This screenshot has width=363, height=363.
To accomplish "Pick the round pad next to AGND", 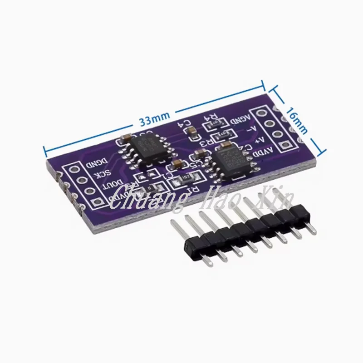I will pyautogui.click(x=262, y=114).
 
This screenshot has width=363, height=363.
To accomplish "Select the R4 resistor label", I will pyautogui.click(x=211, y=118).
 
